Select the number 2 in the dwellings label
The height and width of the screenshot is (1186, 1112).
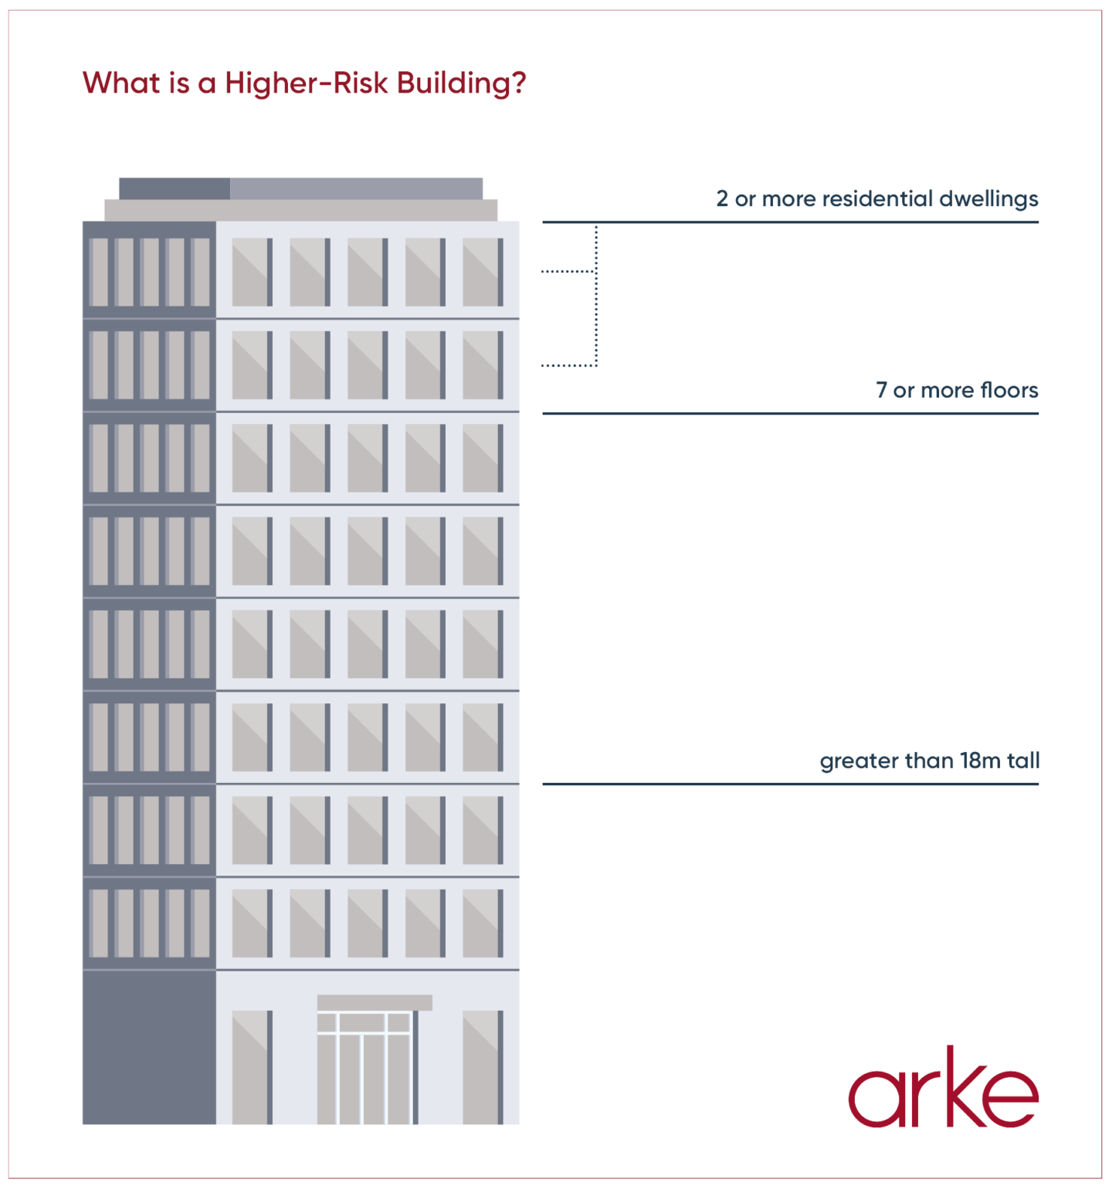722,199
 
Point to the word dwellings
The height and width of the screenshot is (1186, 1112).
988,199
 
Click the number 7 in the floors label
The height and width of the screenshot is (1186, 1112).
882,391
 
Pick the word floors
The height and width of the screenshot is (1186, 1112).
1009,391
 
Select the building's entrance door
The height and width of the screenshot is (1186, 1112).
366,1068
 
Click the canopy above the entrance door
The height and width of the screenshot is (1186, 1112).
375,1002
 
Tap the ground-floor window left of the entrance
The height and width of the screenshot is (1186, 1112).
252,1067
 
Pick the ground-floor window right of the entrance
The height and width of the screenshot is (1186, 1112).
483,1067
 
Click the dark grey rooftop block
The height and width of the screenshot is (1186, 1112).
175,188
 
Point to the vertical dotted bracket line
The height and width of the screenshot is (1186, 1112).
596,295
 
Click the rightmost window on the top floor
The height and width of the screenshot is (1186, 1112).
483,272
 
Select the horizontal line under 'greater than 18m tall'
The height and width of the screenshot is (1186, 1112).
790,784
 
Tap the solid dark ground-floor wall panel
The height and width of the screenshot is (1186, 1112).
149,1047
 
